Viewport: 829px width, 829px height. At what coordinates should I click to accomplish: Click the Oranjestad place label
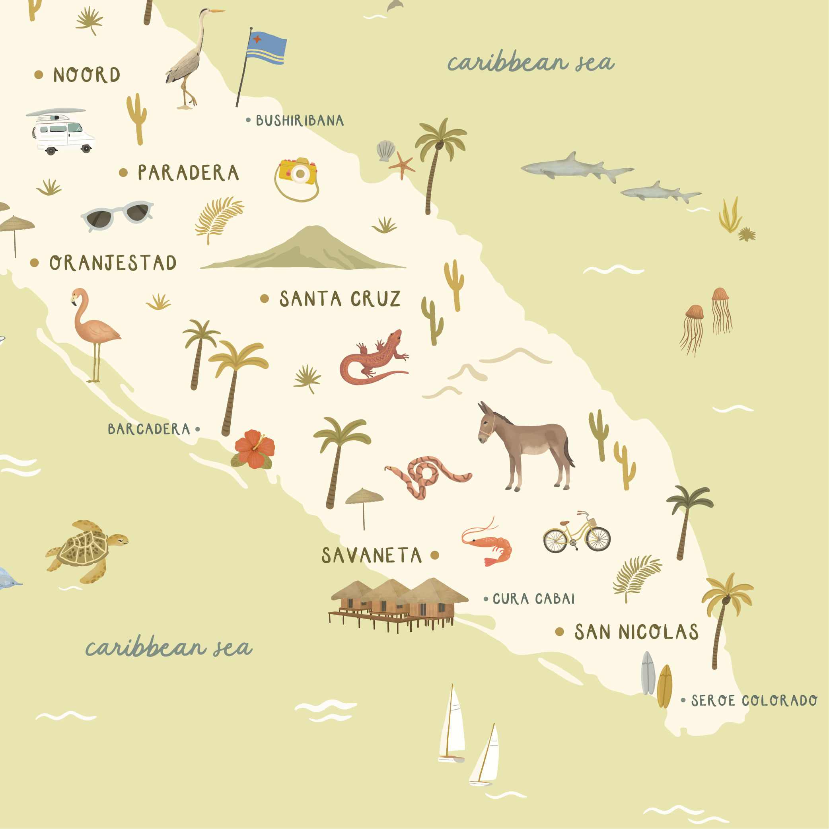113,263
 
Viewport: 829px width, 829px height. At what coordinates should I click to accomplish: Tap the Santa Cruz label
340,299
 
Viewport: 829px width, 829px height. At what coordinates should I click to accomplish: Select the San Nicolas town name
636,632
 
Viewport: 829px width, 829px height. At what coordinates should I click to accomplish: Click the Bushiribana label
300,121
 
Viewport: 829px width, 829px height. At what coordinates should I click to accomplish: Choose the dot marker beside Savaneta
435,555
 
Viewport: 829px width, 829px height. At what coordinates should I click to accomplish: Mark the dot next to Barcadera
197,429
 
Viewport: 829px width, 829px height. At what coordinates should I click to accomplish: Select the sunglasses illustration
117,214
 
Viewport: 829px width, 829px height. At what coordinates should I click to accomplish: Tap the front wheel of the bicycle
598,539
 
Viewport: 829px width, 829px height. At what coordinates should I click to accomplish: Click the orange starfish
402,165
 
